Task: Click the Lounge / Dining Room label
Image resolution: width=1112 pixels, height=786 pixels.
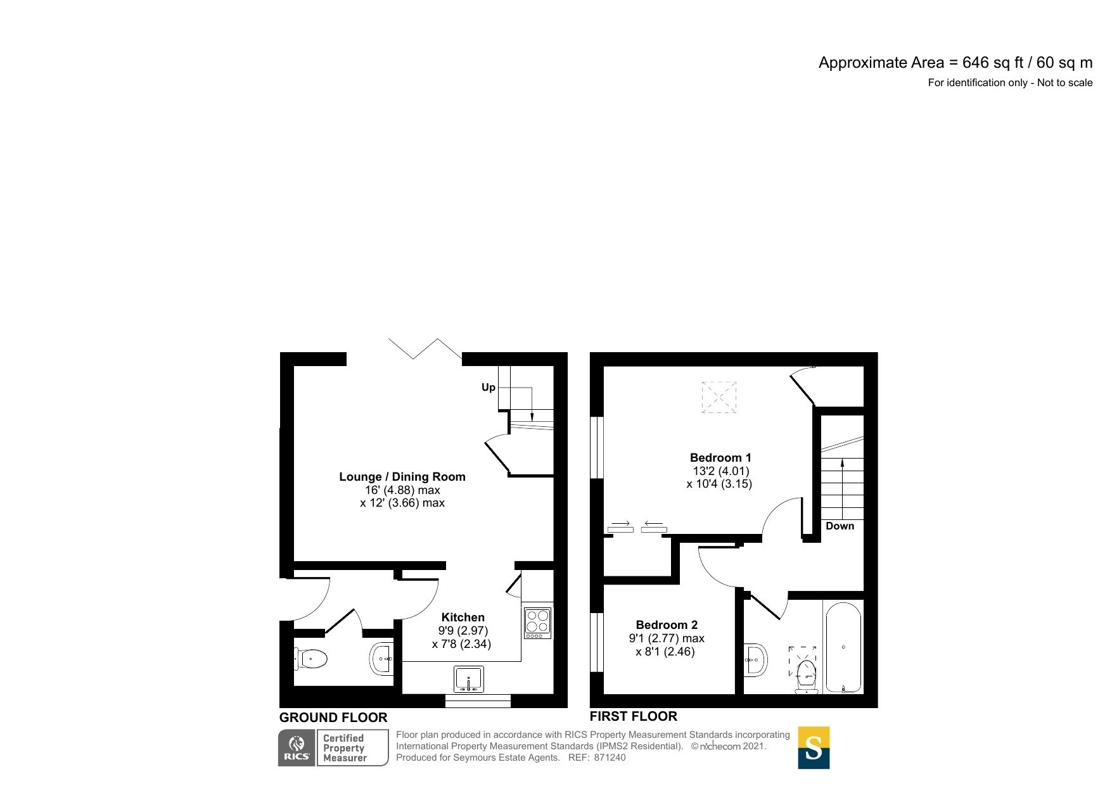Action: point(402,477)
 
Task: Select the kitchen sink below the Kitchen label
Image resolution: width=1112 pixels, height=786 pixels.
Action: point(468,679)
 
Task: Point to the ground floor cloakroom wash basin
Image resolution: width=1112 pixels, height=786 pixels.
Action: point(382,659)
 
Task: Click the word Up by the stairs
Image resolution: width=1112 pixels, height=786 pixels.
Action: point(488,387)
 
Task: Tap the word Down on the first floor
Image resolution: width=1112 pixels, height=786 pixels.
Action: point(840,526)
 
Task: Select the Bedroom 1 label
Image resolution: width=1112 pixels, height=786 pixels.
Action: point(720,457)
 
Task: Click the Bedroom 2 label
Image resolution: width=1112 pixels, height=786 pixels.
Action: point(667,624)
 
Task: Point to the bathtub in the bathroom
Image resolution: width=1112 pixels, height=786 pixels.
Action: point(843,647)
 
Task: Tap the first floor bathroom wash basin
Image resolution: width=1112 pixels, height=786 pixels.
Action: point(756,660)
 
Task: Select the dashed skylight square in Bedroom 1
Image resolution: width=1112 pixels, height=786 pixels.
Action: point(719,397)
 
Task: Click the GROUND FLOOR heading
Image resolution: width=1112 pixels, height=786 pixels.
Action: point(333,718)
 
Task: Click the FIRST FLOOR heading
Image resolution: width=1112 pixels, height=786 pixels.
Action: point(633,716)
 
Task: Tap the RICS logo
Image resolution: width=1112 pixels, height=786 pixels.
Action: point(297,747)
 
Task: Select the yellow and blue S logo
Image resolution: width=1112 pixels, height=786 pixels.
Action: point(813,747)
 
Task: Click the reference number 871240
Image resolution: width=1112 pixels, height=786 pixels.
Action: point(610,757)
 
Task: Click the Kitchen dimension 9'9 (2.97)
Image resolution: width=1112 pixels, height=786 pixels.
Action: point(463,631)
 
